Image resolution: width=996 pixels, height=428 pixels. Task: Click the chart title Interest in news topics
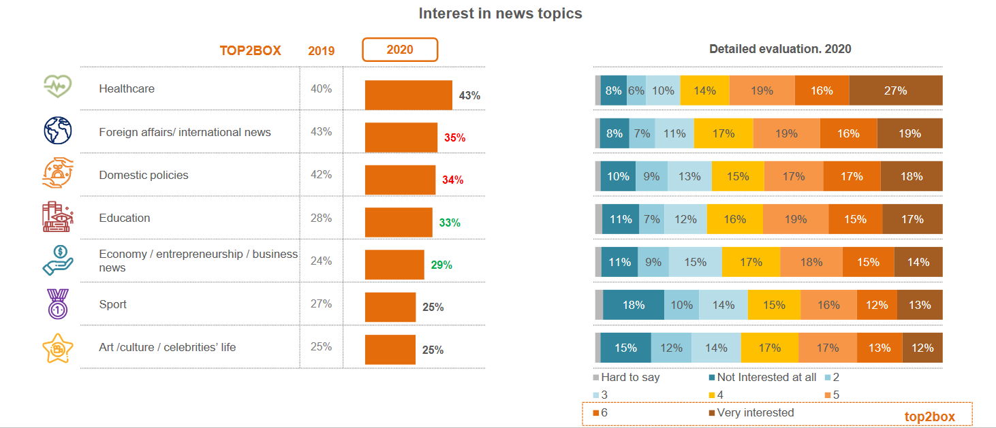click(x=500, y=14)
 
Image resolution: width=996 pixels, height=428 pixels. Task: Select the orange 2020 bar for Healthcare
click(x=408, y=95)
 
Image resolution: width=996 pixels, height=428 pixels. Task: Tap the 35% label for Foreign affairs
click(x=454, y=137)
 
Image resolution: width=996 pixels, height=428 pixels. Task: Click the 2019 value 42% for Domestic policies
click(x=321, y=175)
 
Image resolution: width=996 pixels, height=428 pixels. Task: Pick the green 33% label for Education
click(x=450, y=223)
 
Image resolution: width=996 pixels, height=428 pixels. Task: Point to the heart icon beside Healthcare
click(x=58, y=88)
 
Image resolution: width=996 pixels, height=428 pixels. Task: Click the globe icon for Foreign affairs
click(x=58, y=131)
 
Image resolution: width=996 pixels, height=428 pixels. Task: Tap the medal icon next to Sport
click(x=58, y=303)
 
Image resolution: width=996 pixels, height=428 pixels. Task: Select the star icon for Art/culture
click(x=58, y=348)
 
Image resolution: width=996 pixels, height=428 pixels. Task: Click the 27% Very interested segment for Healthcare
click(x=895, y=90)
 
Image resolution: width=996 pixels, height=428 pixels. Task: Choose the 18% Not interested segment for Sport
click(x=633, y=305)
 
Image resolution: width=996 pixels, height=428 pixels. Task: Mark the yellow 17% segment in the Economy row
click(x=750, y=262)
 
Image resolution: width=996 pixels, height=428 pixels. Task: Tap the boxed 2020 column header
click(x=399, y=50)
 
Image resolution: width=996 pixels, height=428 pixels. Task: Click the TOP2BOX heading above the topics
click(x=250, y=51)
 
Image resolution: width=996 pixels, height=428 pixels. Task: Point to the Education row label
click(x=125, y=218)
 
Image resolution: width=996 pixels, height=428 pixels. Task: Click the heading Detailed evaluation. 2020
click(x=780, y=49)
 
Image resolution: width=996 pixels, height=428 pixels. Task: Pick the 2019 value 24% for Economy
click(x=321, y=261)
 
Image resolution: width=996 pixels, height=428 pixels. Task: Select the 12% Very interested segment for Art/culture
click(x=922, y=348)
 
